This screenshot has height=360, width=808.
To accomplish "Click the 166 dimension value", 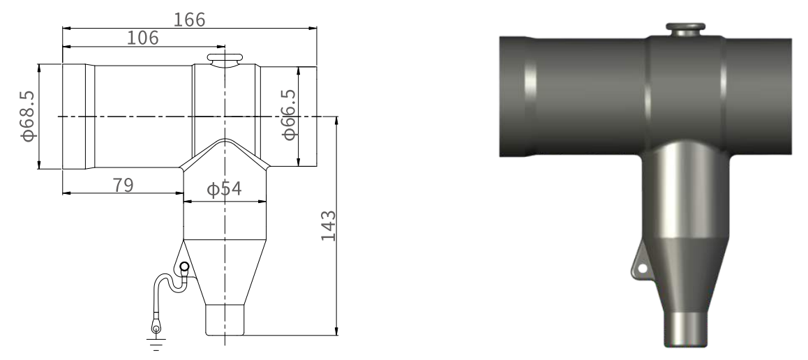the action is pos(189,20).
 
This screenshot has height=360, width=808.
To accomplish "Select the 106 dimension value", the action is pos(142,38).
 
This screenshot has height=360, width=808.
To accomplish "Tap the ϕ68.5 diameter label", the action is pos(28,116).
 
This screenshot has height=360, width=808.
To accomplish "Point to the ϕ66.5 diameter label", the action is pos(290,115).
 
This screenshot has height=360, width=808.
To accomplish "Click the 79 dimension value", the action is pos(124,186).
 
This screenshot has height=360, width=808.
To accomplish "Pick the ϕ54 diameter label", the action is pos(224,189).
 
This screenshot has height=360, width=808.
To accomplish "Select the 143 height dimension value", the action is pos(328,225).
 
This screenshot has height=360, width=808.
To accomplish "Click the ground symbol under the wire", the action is pos(156,344).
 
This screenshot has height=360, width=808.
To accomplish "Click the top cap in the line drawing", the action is pos(225,60).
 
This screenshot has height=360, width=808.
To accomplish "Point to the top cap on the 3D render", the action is pos(685,29).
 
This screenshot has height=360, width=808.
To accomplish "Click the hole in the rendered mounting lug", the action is pos(642,269).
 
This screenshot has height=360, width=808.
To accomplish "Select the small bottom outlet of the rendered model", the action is pos(685,329).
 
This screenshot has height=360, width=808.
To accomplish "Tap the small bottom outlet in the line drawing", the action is pos(225,320).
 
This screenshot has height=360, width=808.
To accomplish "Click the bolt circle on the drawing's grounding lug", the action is pos(184,267).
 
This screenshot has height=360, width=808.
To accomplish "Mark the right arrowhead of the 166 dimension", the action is pos(313,29).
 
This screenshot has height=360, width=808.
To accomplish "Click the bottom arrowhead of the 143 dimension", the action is pos(336,331).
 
